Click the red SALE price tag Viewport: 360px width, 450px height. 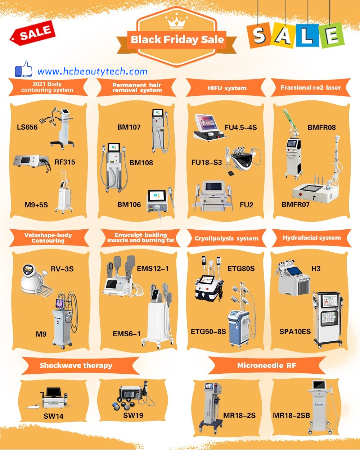tap(33, 33)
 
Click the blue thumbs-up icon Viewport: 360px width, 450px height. tap(23, 69)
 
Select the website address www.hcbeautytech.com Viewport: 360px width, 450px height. tap(93, 72)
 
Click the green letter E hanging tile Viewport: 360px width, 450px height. tap(332, 36)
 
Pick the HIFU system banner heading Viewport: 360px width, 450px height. tap(227, 88)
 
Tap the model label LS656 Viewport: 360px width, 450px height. tap(27, 127)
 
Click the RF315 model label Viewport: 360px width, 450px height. tap(65, 162)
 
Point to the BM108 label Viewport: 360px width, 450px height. tap(141, 163)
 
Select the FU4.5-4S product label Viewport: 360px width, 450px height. tap(241, 127)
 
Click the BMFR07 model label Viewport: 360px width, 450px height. tap(296, 204)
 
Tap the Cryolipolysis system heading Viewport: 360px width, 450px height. tap(226, 238)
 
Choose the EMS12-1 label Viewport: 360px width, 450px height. tap(153, 269)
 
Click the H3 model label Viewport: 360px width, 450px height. tap(316, 269)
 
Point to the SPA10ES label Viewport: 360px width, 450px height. tap(295, 332)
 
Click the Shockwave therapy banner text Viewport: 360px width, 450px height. tap(76, 365)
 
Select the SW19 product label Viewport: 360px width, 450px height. tap(133, 415)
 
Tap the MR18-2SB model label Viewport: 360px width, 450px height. tap(291, 415)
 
